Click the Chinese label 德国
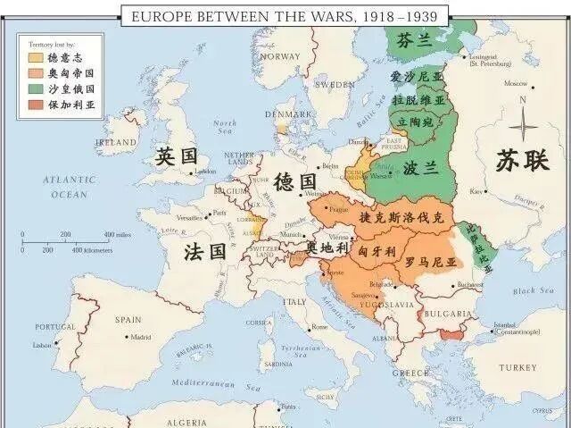(296, 179)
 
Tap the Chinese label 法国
(204, 251)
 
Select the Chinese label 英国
(175, 155)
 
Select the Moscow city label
(515, 83)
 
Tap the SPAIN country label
(128, 319)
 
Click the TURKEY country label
(517, 367)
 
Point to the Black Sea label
(534, 290)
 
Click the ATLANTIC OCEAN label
(70, 187)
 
